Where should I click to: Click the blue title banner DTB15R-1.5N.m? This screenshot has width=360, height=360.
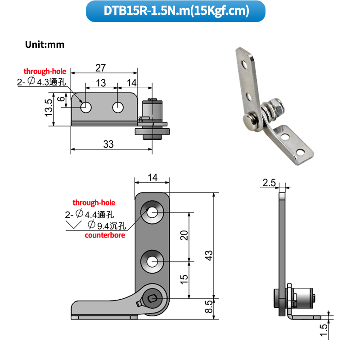(x=175, y=11)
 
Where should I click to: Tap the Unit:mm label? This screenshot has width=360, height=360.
(x=45, y=45)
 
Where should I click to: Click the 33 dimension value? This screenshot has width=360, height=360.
(x=108, y=144)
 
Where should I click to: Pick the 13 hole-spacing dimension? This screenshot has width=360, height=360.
(x=101, y=83)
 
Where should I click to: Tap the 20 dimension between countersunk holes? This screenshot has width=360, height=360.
(x=184, y=235)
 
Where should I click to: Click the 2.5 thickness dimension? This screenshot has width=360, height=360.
(x=269, y=183)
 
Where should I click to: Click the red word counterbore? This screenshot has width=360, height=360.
(x=104, y=235)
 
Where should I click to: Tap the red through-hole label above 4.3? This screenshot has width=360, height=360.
(x=45, y=72)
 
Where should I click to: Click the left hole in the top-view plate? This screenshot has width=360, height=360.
(x=85, y=108)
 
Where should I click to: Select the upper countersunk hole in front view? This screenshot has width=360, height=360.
(x=152, y=212)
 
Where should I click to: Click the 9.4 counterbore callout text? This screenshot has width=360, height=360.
(x=108, y=225)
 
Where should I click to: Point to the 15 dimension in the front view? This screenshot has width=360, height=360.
(x=184, y=279)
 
